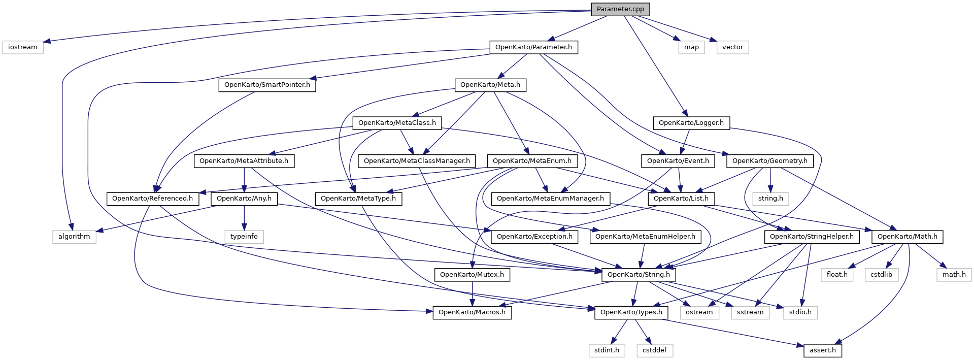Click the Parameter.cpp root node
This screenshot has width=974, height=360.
point(620,9)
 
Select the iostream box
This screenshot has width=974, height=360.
point(23,47)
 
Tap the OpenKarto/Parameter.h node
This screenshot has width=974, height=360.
point(533,47)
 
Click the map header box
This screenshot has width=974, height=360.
point(691,47)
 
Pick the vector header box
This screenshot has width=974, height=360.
point(732,47)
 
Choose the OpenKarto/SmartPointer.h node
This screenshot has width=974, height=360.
point(267,85)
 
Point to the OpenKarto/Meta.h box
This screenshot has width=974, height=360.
point(490,85)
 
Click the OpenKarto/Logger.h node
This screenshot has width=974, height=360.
point(691,123)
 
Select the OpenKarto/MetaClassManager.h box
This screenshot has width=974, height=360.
point(417,161)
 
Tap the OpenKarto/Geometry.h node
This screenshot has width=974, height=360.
point(770,161)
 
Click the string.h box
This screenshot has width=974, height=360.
point(770,199)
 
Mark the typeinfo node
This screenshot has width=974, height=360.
point(244,237)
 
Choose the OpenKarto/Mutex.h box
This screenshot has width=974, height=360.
point(472,275)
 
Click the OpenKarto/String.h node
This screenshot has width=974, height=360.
point(639,275)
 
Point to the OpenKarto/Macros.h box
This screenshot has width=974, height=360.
point(472,312)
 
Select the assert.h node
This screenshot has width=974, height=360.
point(823,350)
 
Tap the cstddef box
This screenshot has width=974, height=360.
point(655,350)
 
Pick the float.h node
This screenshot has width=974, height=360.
point(837,275)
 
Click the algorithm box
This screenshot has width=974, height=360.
point(74,237)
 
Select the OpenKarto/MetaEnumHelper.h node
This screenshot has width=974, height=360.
point(645,237)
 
